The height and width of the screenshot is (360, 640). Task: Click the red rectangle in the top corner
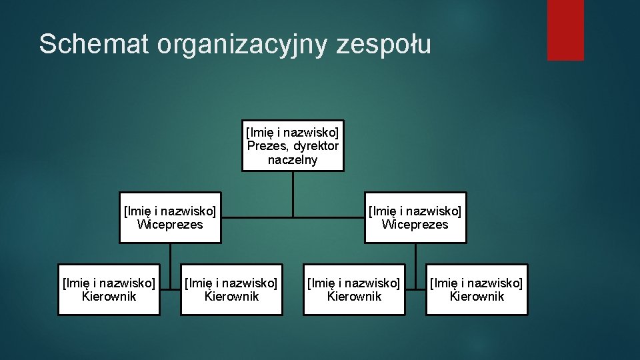565,29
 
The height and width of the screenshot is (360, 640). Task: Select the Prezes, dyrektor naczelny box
293,146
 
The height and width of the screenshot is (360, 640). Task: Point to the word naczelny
293,160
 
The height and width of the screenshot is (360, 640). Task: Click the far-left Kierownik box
109,290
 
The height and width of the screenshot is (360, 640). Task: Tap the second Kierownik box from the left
231,290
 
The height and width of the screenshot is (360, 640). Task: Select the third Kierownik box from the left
354,290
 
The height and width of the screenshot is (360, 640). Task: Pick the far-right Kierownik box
477,290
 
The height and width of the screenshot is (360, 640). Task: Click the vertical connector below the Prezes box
293,193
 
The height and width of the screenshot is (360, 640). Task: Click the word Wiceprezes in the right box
415,225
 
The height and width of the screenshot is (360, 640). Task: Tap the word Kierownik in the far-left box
109,297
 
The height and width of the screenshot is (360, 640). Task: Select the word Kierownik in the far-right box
477,297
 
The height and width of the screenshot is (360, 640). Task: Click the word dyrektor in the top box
315,146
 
